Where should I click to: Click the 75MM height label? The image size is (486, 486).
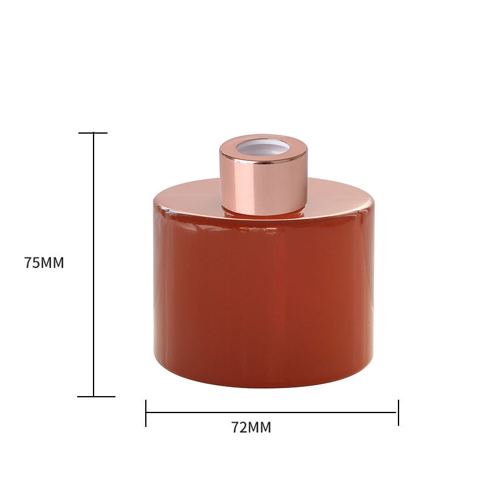click(44, 263)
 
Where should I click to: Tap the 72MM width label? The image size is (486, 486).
click(251, 427)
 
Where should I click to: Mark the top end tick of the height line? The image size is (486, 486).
click(93, 133)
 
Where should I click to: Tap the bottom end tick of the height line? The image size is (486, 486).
click(95, 397)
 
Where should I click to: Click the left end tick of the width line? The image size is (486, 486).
click(146, 412)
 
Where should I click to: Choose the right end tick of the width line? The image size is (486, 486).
click(399, 412)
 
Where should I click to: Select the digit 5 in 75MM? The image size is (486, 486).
click(35, 263)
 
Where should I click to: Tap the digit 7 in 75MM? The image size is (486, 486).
click(28, 263)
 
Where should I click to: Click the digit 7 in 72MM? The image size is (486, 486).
click(236, 427)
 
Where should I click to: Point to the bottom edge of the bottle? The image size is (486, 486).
click(264, 386)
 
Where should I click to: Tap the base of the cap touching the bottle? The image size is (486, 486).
click(264, 213)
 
